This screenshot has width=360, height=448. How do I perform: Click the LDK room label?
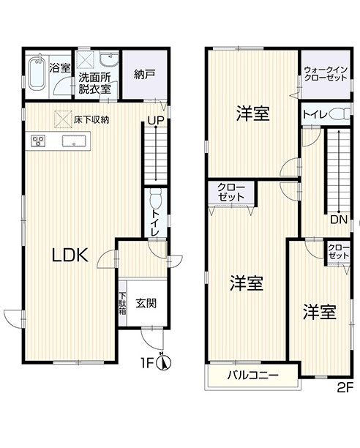click(70, 255)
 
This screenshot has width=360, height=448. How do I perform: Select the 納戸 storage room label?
click(144, 74)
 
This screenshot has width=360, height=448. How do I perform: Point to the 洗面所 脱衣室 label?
click(94, 82)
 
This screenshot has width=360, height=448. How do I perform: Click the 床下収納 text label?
click(91, 119)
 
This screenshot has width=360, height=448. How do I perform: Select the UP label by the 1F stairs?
click(155, 122)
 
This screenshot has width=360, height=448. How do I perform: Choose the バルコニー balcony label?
click(252, 375)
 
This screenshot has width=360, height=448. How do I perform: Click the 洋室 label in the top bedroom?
click(252, 114)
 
